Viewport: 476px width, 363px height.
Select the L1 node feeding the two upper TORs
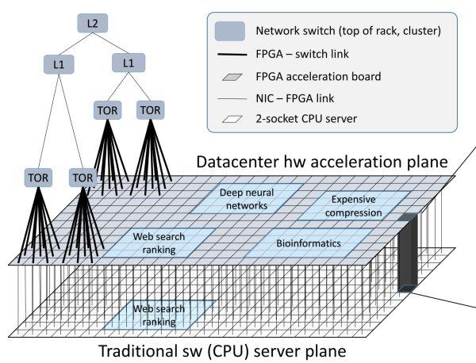(x=129, y=60)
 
